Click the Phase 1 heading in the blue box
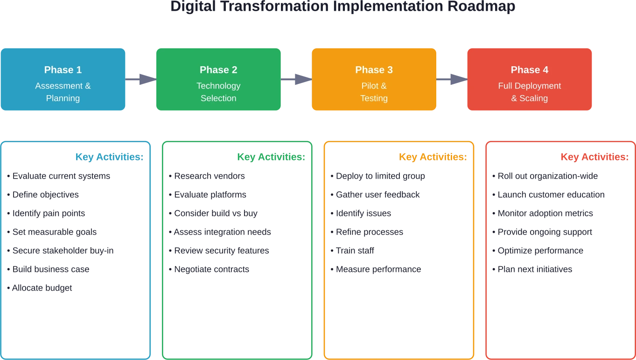point(63,70)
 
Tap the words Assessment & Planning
point(63,92)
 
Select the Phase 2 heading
point(218,70)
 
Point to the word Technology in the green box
point(218,86)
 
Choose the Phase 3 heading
point(374,70)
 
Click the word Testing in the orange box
point(374,98)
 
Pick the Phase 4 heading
point(530,70)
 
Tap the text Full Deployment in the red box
point(530,86)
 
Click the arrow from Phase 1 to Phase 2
point(141,80)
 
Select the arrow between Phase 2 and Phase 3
point(297,80)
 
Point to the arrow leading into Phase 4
point(452,80)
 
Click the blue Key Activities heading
point(110,157)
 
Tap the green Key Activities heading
point(271,157)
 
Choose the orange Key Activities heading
point(432,157)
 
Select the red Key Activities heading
point(594,157)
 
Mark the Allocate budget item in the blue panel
point(41,287)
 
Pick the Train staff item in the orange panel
point(352,250)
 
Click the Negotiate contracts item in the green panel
point(209,269)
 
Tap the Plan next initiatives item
point(533,269)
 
